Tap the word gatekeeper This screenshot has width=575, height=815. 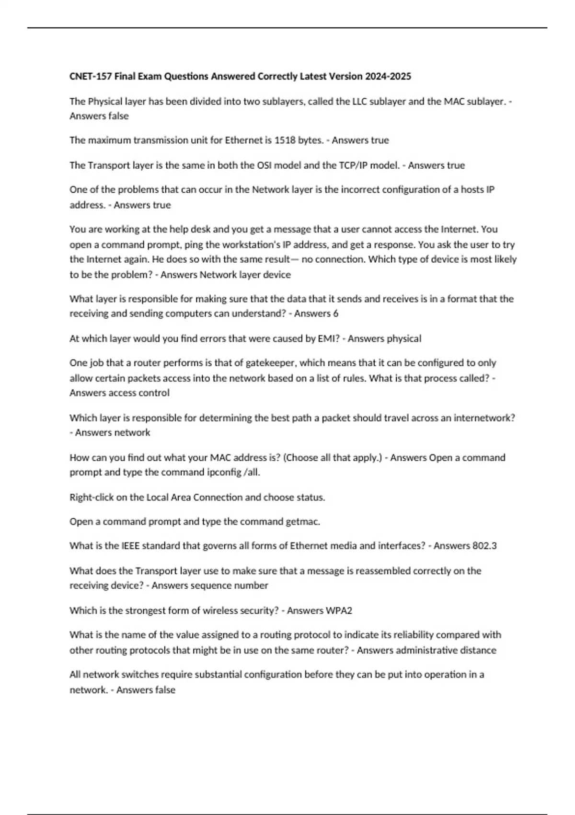point(267,363)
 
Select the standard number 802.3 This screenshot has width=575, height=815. point(484,546)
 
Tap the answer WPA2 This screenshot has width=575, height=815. point(338,611)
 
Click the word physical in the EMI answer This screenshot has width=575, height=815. point(404,338)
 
